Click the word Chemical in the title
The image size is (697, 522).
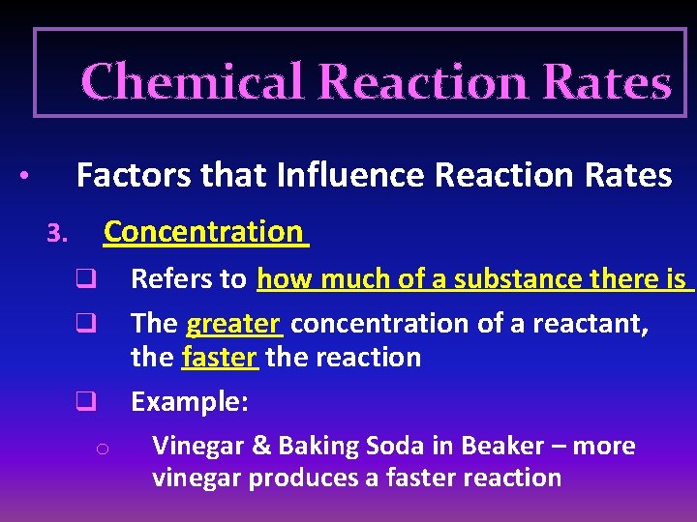(194, 82)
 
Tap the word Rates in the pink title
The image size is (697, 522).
(607, 82)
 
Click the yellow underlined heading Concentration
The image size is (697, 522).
(203, 232)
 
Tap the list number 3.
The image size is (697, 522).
(56, 234)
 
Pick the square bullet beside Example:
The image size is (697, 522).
(85, 399)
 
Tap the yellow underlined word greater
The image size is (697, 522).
(233, 323)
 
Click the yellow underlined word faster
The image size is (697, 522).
(219, 358)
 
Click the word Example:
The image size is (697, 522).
(190, 401)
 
